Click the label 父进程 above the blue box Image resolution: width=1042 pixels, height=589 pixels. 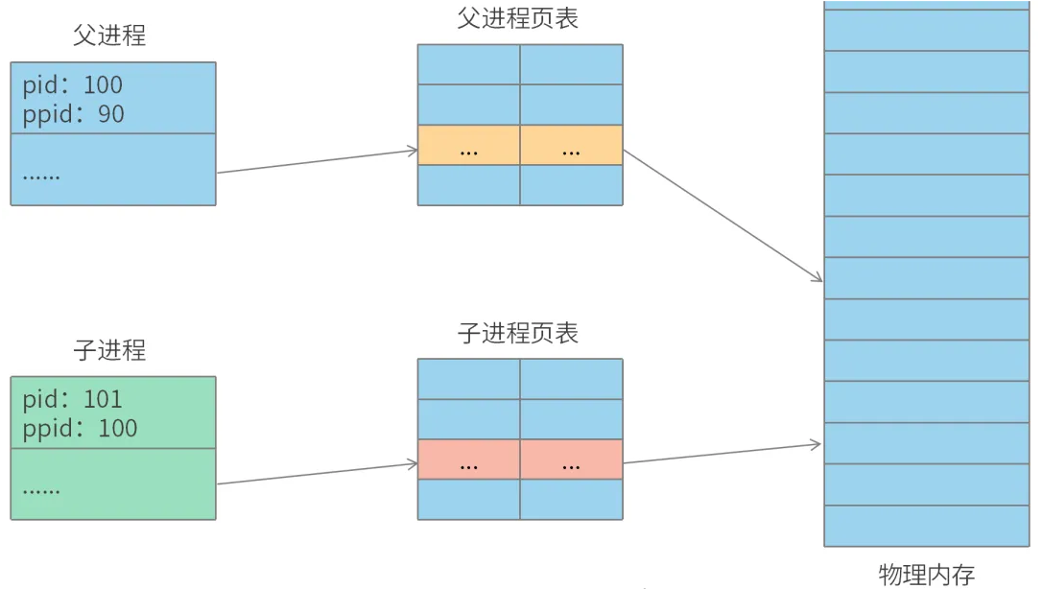[x=109, y=36]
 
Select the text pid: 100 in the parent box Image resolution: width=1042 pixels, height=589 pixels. [x=73, y=85]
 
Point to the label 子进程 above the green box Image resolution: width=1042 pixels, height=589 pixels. [x=109, y=350]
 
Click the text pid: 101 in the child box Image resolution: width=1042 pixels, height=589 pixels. [x=73, y=399]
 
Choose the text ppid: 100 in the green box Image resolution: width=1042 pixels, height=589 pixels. [x=80, y=428]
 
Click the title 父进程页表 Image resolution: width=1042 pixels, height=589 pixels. [x=518, y=18]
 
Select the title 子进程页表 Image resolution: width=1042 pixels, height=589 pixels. [x=518, y=333]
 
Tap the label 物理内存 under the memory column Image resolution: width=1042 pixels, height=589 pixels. [x=926, y=575]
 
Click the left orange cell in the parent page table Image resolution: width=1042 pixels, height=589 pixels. [x=469, y=145]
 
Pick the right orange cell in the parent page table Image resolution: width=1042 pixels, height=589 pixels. [x=572, y=145]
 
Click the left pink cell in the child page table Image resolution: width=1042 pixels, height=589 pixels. [x=469, y=459]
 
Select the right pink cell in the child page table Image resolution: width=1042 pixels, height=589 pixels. [x=572, y=459]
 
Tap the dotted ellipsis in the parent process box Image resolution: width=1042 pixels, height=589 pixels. [x=41, y=176]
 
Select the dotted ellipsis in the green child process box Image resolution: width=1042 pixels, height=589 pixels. [x=41, y=489]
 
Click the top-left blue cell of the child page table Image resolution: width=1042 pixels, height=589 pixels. [x=469, y=379]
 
